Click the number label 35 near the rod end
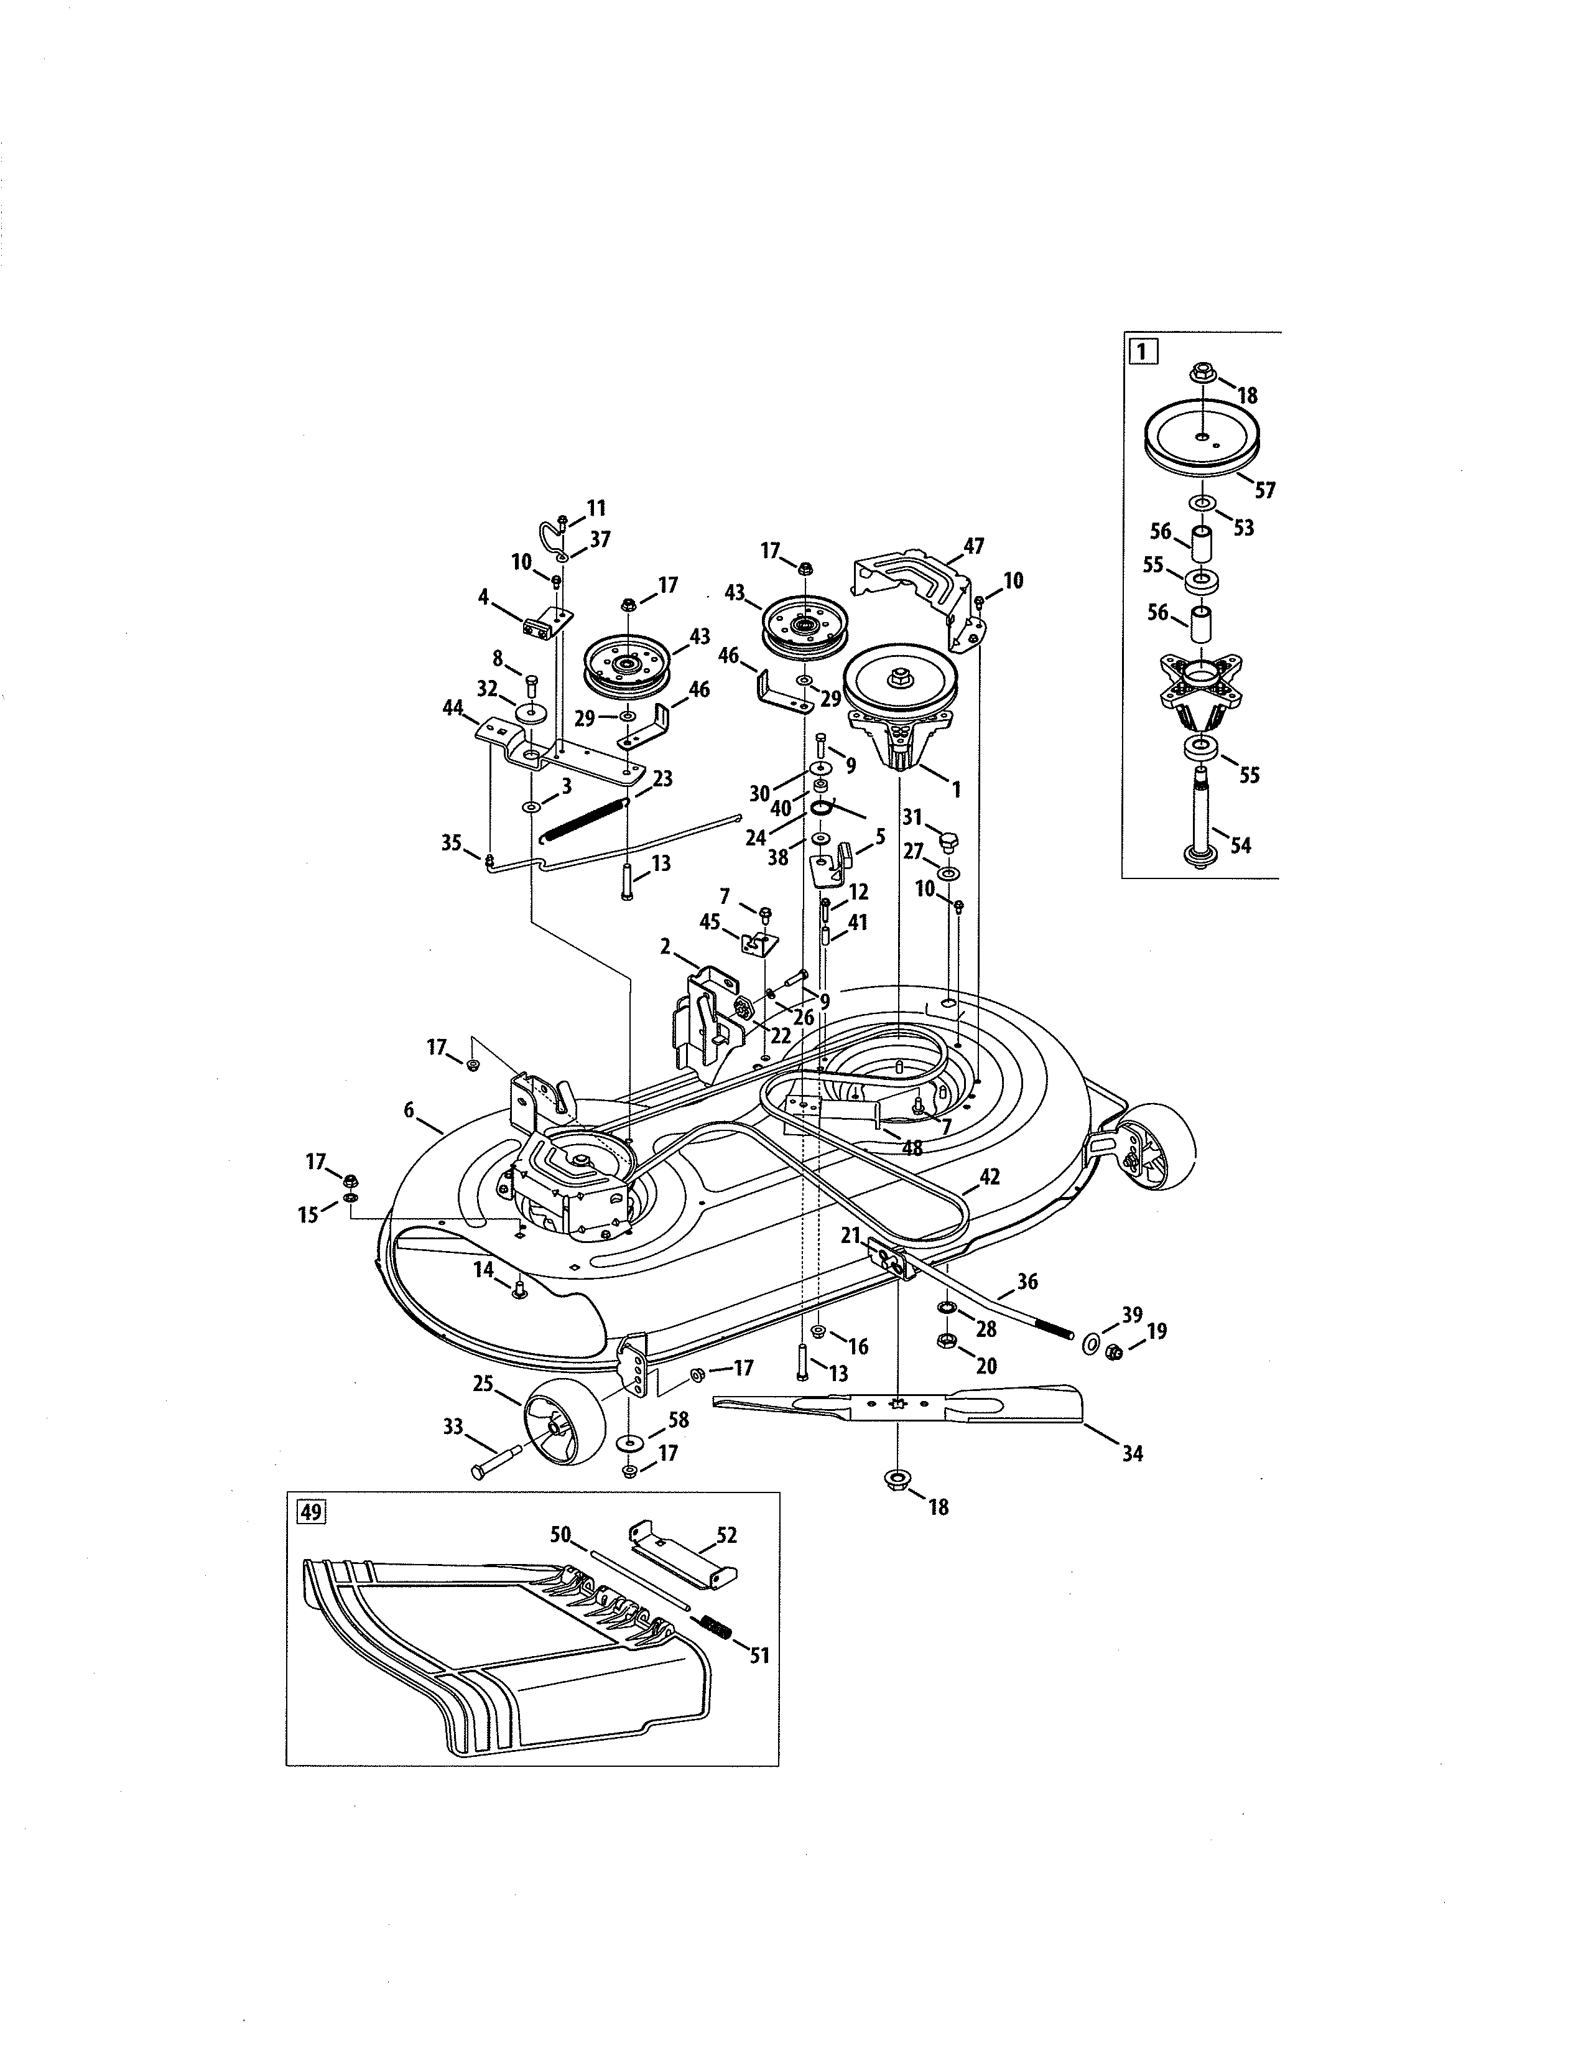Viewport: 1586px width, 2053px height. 452,842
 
